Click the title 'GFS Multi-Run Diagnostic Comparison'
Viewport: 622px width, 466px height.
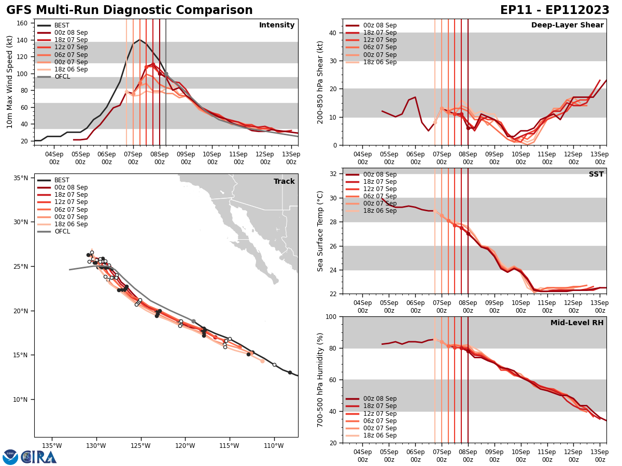click(x=130, y=10)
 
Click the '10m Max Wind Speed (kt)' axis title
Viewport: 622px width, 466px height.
click(x=9, y=82)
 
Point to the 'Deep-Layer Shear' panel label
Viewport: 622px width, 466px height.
click(x=567, y=25)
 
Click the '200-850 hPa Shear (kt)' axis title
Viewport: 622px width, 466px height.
click(x=320, y=82)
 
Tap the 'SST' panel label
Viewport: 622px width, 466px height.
click(x=596, y=174)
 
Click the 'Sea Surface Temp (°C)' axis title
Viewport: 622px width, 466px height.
click(x=320, y=231)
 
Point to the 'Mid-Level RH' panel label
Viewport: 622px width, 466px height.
click(x=577, y=323)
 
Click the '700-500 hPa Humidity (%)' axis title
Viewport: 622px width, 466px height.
click(x=320, y=380)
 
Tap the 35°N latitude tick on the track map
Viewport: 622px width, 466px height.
click(x=20, y=178)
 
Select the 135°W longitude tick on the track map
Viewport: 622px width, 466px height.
click(x=52, y=445)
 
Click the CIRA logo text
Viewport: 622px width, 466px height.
click(x=39, y=457)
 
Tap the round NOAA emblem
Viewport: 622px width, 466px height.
click(x=10, y=457)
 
